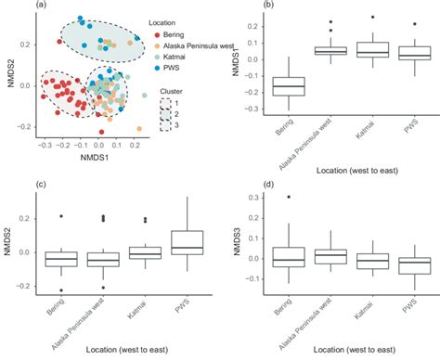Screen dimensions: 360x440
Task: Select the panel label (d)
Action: click(242, 184)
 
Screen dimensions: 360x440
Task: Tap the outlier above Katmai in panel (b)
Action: click(373, 17)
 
